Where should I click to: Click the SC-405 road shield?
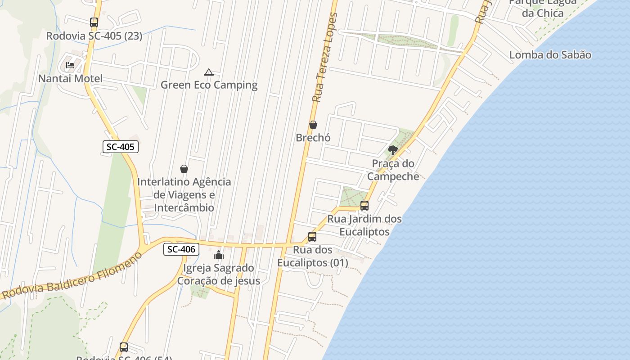tap(120, 147)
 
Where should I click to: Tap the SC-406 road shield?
tap(181, 249)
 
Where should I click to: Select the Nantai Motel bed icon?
tap(70, 65)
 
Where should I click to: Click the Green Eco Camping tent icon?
tap(208, 72)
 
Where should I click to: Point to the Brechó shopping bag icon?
tap(313, 125)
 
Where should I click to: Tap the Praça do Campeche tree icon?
tap(393, 150)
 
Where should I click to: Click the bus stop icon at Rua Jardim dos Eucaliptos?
tap(364, 206)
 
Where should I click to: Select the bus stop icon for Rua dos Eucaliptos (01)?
tap(312, 237)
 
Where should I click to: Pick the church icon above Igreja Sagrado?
tap(219, 255)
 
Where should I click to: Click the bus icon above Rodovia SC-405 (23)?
tap(94, 22)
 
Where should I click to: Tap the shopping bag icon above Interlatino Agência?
tap(184, 169)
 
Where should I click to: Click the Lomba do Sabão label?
tap(550, 55)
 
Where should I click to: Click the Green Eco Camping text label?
tap(209, 85)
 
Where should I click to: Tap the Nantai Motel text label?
tap(70, 79)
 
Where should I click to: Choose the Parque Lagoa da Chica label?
tap(543, 7)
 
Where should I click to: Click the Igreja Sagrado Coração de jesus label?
tap(219, 274)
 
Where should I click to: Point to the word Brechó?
tap(313, 138)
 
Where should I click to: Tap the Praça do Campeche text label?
tap(393, 170)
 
